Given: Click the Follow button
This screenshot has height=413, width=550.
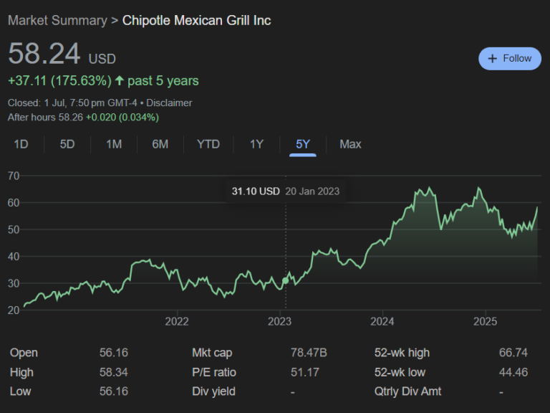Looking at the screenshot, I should point(510,58).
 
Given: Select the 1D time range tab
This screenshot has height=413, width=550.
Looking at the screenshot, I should point(21,144).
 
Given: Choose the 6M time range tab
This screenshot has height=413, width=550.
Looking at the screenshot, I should point(160,144).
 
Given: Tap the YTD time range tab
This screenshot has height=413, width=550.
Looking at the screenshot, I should point(208,144).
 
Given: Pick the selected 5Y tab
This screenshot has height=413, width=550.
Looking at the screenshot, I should point(303,144).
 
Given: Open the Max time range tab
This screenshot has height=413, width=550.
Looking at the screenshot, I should point(350,144).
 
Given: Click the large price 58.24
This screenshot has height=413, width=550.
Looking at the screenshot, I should point(44,55).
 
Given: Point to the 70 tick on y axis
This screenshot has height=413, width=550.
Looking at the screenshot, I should point(13,176).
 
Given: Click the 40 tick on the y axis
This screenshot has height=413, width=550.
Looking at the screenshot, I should point(13,257).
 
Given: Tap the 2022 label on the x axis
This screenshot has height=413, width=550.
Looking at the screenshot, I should point(176,321).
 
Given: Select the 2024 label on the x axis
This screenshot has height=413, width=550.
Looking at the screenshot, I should point(382,321).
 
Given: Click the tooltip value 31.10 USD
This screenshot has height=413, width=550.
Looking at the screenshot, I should point(256,191).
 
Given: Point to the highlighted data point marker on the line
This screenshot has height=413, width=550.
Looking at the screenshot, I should point(286,280).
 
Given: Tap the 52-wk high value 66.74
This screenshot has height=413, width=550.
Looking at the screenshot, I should point(513,353).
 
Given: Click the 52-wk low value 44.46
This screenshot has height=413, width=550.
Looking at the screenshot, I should point(513,372).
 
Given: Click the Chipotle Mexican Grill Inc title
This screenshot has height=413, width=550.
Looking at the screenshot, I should point(196,20).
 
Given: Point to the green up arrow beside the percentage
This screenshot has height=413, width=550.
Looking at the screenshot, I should point(119,81).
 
